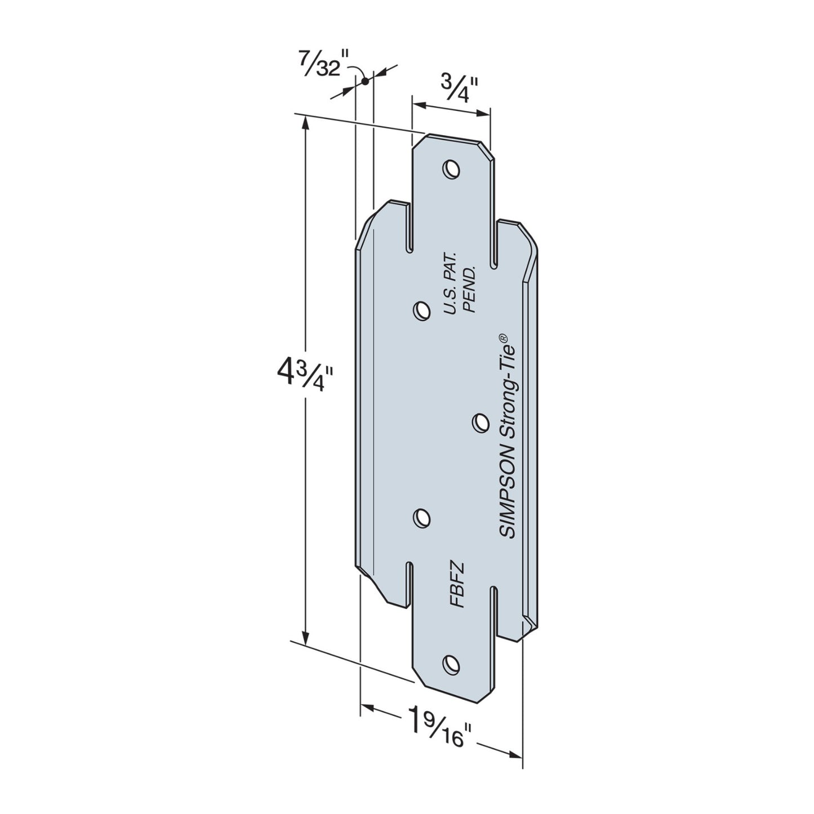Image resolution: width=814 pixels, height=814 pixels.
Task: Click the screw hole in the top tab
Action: [450, 168]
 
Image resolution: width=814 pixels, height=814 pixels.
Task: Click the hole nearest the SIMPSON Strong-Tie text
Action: [480, 422]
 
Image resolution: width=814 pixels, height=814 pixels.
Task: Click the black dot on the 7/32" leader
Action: [365, 81]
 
